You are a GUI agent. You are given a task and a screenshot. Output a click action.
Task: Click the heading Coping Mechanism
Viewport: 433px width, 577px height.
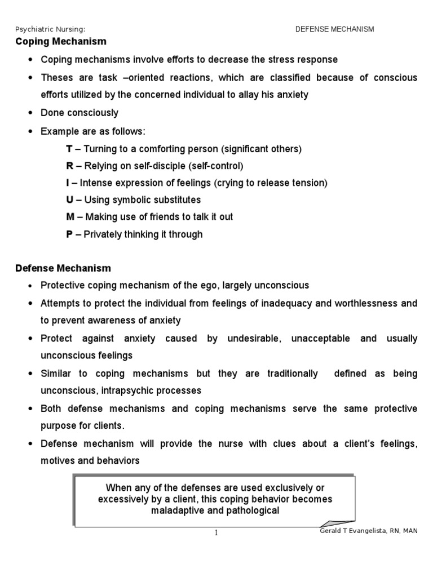click(60, 42)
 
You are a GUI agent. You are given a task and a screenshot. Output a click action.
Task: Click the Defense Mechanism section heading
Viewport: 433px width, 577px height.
click(63, 268)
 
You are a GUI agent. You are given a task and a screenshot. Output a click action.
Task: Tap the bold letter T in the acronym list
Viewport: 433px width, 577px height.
click(69, 149)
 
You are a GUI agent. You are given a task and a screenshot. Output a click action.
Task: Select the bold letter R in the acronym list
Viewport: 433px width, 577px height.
click(70, 166)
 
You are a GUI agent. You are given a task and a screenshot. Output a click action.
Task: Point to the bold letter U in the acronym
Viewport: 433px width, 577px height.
click(70, 199)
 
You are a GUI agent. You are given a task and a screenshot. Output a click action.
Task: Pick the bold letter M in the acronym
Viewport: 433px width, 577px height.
click(70, 216)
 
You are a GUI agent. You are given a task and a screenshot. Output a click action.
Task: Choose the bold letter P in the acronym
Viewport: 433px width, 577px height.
click(70, 234)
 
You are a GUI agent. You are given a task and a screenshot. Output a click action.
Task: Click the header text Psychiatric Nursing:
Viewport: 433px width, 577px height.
click(50, 29)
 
